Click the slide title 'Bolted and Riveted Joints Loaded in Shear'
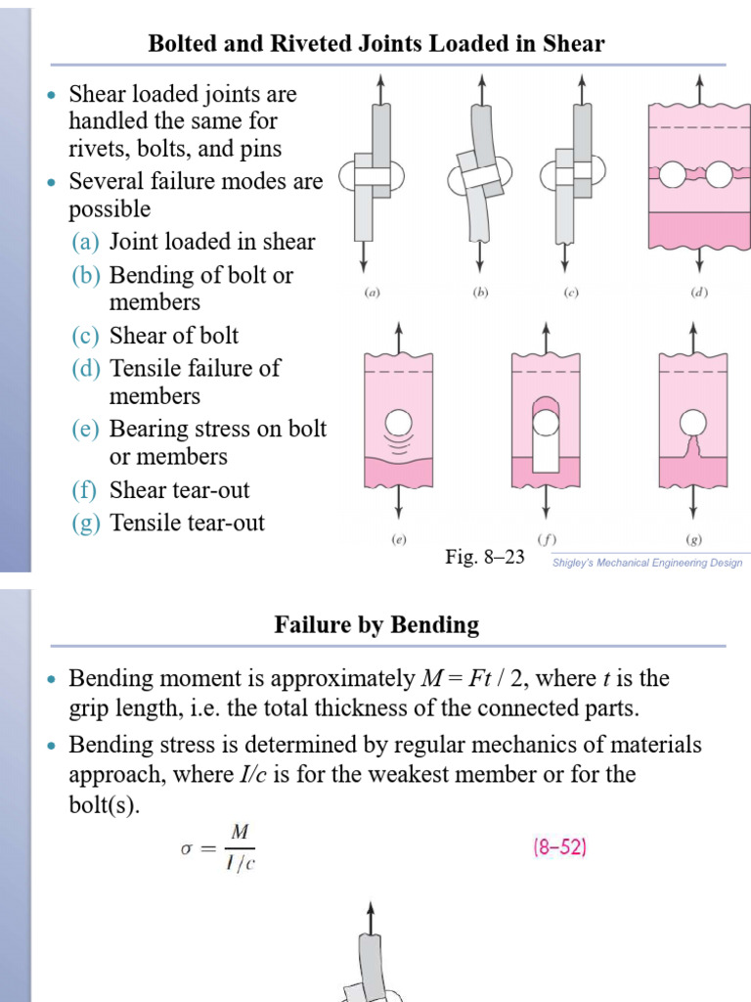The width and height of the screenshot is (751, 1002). coord(375,44)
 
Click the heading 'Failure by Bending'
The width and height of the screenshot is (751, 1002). coord(376,624)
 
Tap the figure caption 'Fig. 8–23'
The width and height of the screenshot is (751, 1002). coord(485,557)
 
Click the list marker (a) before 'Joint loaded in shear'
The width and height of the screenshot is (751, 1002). coord(86,242)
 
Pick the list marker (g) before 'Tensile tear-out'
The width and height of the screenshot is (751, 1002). coord(86,524)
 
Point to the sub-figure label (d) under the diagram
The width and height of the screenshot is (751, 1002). coord(698,292)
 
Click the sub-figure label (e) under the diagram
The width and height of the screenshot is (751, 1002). coord(399,539)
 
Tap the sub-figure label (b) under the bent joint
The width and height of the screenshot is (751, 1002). coord(480,292)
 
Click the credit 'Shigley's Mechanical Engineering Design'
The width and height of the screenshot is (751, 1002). coord(648,563)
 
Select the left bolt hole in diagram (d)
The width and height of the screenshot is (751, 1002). coord(673,175)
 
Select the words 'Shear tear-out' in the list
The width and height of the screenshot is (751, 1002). coord(180,490)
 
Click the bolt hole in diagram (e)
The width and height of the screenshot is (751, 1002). coord(398,423)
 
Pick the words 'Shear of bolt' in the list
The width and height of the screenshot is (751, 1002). coord(174,336)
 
